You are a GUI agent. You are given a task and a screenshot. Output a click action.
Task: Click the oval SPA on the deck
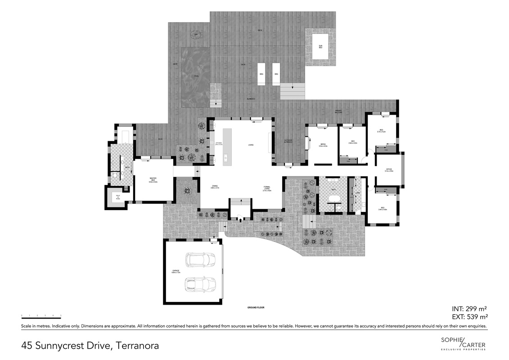196,35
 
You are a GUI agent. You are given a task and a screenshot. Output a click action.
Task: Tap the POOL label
196,76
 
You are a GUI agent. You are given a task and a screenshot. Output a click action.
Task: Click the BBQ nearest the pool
261,77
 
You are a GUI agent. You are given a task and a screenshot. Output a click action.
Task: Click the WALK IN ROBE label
118,197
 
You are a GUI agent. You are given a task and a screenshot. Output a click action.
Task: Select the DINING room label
215,187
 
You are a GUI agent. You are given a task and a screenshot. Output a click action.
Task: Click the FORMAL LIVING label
266,189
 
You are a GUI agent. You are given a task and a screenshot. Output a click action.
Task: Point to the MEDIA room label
323,145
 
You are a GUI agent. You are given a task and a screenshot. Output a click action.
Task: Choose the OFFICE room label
389,171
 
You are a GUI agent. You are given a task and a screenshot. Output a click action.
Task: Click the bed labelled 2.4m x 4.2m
353,142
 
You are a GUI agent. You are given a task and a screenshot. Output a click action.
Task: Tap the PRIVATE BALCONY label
338,112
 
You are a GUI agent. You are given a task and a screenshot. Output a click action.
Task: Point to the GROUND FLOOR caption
255,308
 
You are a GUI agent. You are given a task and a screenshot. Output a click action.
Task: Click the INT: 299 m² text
469,309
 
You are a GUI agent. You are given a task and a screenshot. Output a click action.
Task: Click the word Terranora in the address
138,346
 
